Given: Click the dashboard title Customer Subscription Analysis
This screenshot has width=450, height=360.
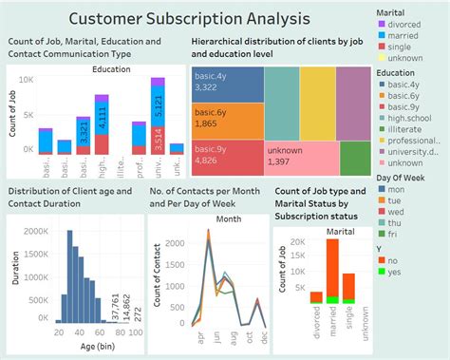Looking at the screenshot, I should click(x=188, y=18).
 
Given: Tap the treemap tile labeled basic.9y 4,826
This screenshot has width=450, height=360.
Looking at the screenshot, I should click(x=226, y=156).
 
